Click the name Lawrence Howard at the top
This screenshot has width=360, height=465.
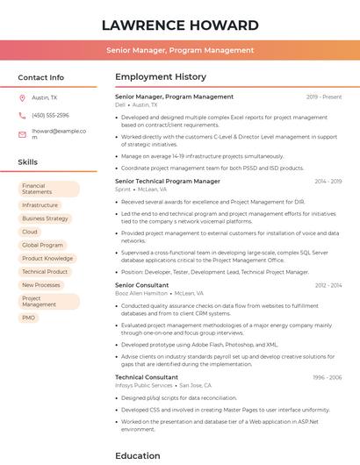click(180, 24)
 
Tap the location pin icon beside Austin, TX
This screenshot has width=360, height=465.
click(22, 97)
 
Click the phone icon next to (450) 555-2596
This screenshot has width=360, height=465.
click(22, 115)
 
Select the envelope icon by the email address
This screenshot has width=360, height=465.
click(22, 134)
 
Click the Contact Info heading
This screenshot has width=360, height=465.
click(40, 77)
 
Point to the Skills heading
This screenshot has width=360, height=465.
click(27, 162)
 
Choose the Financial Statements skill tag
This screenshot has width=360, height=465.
click(48, 189)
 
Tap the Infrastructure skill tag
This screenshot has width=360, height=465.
click(40, 205)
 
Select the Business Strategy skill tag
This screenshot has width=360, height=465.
click(45, 218)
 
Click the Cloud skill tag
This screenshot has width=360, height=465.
click(30, 232)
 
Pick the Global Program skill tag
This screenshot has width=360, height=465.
click(42, 245)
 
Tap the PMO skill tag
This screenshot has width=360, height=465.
click(29, 318)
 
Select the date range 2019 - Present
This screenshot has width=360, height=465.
click(324, 97)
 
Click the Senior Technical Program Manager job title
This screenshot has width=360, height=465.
click(168, 181)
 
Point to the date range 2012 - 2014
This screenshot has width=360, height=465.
click(328, 285)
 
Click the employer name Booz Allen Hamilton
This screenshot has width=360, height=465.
click(141, 293)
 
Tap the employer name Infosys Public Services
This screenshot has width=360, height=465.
click(144, 385)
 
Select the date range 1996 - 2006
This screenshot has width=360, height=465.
click(328, 377)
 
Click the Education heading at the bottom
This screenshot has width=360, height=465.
click(138, 455)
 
